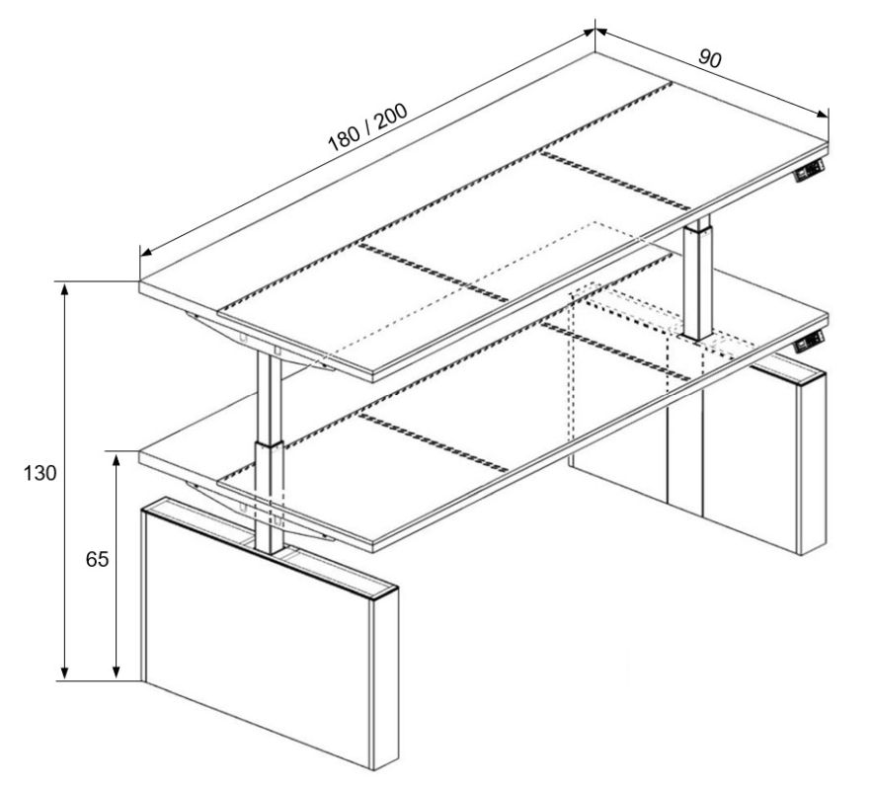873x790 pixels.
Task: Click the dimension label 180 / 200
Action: point(367,127)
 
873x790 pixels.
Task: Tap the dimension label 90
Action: point(710,58)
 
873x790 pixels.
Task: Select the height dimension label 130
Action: point(40,473)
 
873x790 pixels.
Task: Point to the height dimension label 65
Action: point(97,559)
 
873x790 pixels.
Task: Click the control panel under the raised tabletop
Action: point(810,171)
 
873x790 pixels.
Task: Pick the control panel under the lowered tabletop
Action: point(810,342)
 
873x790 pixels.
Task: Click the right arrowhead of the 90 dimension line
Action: point(823,114)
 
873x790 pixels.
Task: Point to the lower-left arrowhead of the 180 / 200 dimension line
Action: point(146,251)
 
